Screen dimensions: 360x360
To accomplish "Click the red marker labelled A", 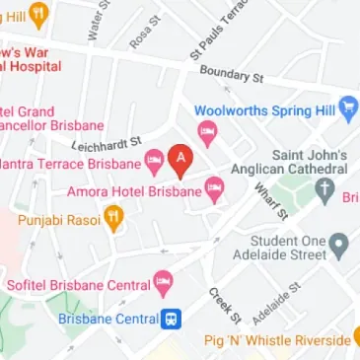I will click(180, 159).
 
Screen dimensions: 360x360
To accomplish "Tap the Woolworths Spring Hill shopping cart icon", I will click(348, 110).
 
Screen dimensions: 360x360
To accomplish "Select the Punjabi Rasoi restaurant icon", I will click(114, 219).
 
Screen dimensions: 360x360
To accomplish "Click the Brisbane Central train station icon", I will click(172, 319).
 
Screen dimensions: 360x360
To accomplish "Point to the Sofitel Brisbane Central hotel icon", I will click(164, 285).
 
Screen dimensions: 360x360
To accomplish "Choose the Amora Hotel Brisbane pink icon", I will click(214, 191).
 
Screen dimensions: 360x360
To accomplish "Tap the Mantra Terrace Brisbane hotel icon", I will click(154, 163).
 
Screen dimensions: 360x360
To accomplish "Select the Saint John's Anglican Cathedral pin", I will click(325, 190).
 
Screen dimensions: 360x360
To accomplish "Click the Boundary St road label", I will click(232, 74).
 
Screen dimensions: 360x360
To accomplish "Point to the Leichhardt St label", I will click(107, 144).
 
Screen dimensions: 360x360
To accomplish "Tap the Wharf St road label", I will click(269, 200).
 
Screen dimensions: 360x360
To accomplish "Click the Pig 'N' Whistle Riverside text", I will click(277, 340).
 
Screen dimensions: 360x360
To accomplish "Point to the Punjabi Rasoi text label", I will click(59, 220).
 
